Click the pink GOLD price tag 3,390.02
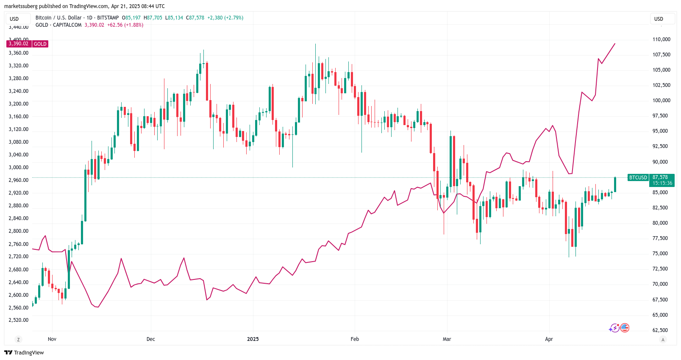19,44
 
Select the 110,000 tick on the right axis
661,39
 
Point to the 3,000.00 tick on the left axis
19,167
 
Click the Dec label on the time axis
150,339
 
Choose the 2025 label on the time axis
253,339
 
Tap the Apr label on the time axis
549,339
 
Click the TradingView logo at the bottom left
24,353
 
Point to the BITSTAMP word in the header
108,18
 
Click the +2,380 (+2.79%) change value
225,18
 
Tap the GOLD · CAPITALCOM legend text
58,25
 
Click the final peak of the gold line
615,44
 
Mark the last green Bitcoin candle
615,184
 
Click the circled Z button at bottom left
18,340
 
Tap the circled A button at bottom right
663,340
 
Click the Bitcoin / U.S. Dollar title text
58,18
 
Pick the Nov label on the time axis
52,339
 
